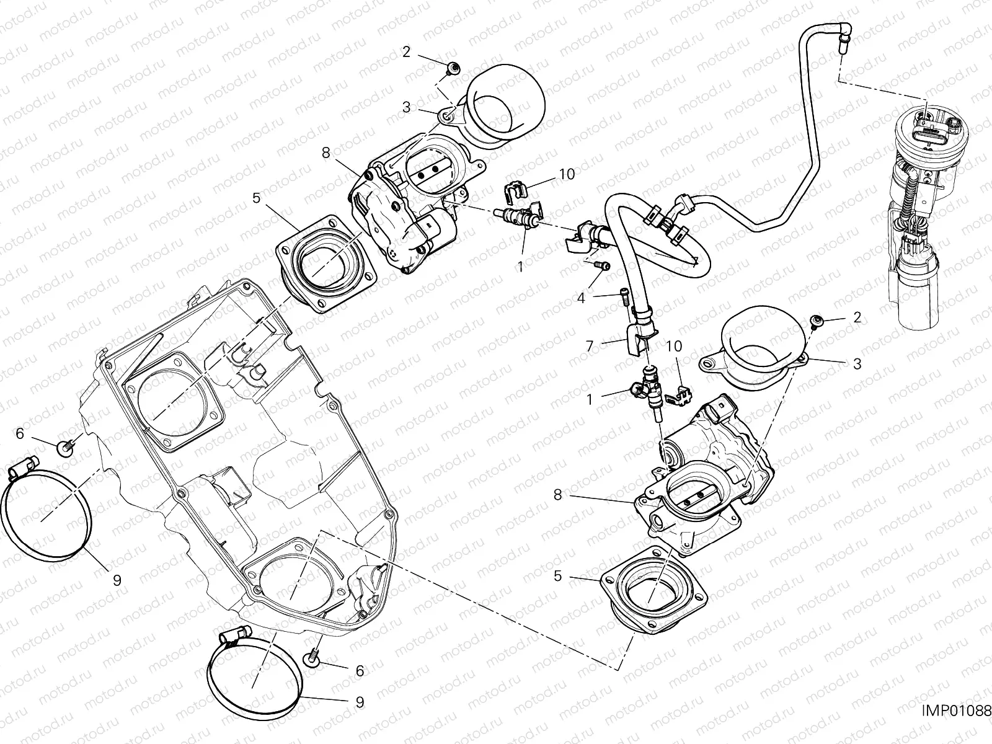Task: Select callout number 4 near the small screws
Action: point(581,298)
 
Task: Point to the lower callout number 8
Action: point(557,494)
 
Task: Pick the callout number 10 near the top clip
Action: point(567,174)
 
